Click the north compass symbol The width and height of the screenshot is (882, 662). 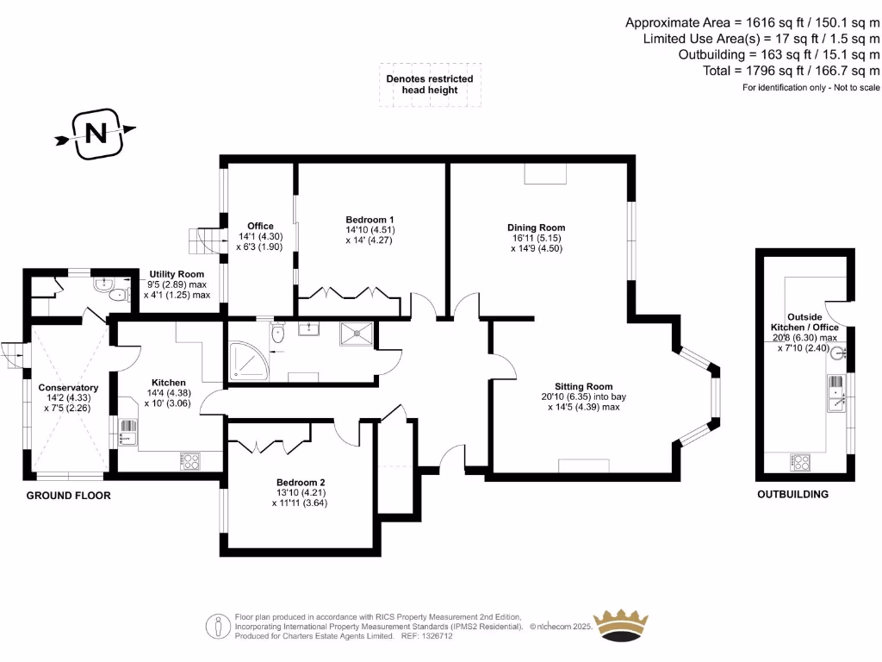(x=96, y=133)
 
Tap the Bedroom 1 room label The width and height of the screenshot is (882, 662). (x=370, y=219)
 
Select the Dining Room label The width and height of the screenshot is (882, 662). (x=536, y=228)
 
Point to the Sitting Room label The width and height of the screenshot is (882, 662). (x=583, y=386)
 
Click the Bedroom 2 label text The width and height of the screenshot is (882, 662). (x=301, y=483)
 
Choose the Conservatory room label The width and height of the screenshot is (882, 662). (x=68, y=388)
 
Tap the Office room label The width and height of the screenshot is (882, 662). (x=260, y=227)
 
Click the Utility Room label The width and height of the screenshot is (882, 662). (x=177, y=273)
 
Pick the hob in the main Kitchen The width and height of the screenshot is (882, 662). (x=189, y=461)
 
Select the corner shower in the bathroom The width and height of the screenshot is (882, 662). (x=247, y=362)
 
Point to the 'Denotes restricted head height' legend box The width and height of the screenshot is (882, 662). (x=429, y=84)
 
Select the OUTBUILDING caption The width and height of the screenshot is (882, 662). (x=792, y=495)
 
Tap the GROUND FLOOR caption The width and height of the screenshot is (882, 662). (x=68, y=496)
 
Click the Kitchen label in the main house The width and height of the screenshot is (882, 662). (x=169, y=382)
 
